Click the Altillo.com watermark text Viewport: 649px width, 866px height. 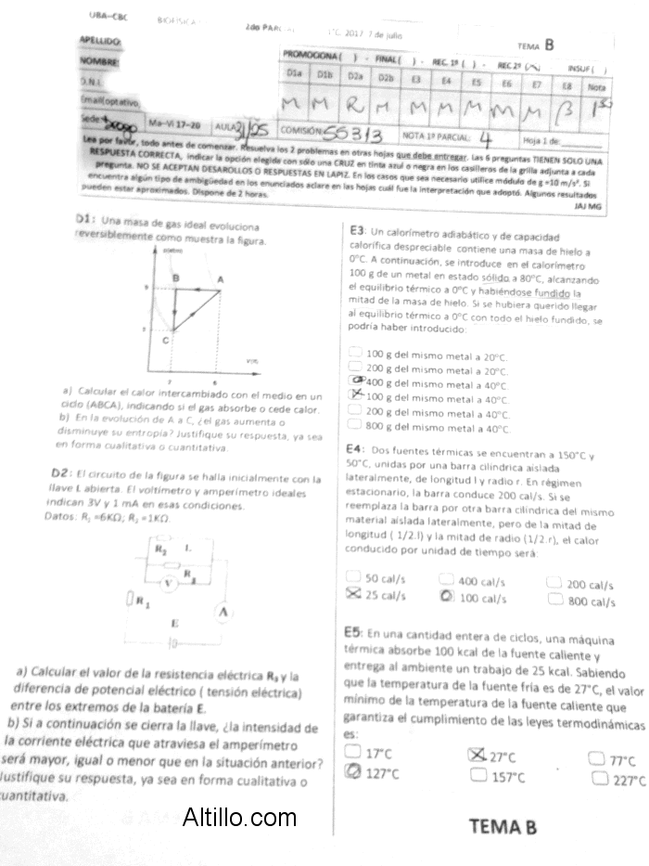tap(239, 818)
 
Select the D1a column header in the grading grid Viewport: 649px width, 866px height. tap(296, 71)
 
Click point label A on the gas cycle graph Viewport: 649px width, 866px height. tap(220, 278)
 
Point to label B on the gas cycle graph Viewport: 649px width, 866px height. tap(175, 278)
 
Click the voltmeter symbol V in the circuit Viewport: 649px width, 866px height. tap(168, 584)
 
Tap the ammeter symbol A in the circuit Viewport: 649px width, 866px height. tap(224, 612)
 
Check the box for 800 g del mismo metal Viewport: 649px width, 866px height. tap(356, 426)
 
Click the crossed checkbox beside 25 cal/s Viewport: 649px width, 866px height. tap(352, 593)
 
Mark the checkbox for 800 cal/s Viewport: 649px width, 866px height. tap(554, 600)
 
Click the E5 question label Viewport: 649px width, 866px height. tap(353, 632)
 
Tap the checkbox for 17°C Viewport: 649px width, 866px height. tap(352, 751)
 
